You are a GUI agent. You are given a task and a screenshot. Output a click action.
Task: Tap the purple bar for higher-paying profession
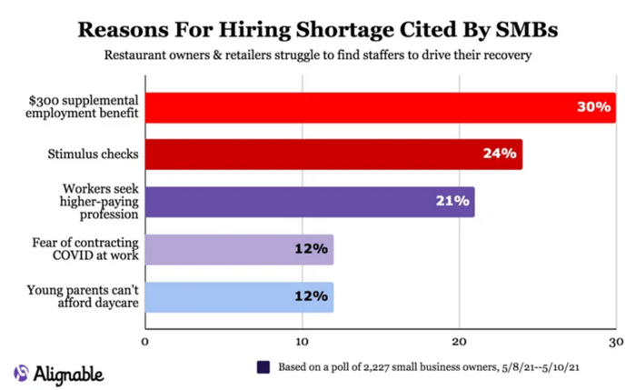click(x=309, y=201)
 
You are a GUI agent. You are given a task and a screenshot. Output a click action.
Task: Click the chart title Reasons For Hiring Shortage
click(x=318, y=28)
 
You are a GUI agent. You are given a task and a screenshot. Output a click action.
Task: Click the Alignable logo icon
click(x=21, y=373)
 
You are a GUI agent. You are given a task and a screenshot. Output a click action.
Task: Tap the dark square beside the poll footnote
click(x=263, y=367)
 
